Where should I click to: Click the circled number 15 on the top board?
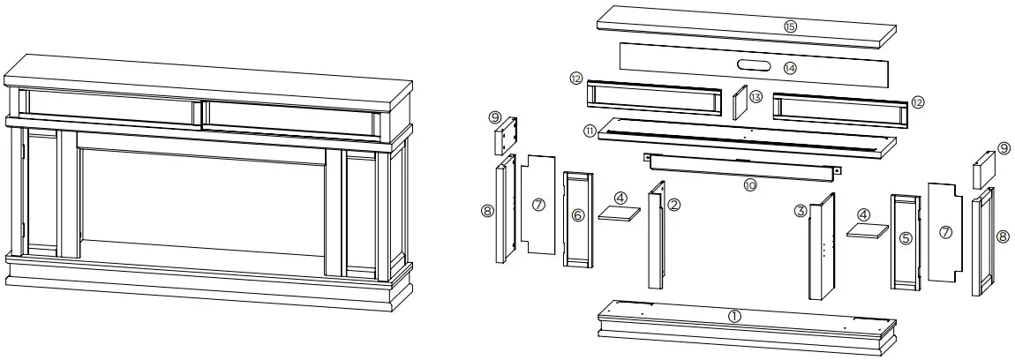(789, 26)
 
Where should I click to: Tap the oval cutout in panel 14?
(753, 65)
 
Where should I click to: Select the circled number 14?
(788, 67)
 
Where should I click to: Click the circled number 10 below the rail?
(750, 186)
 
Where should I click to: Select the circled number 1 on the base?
(734, 315)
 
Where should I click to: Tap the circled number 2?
(674, 205)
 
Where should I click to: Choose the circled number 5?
(904, 237)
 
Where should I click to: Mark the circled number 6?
(577, 215)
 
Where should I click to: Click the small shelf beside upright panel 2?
(620, 213)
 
